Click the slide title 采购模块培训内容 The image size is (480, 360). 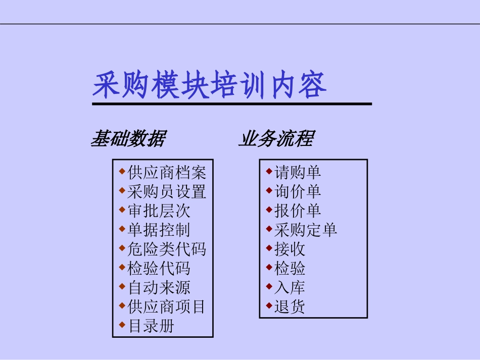(210, 85)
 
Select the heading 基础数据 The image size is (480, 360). (128, 138)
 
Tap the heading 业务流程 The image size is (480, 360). (276, 138)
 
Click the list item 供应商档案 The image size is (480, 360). (167, 173)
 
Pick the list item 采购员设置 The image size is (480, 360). (167, 192)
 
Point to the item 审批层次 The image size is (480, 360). (159, 211)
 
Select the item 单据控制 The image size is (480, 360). (159, 230)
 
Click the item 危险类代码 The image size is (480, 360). (167, 249)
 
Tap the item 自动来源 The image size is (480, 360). (159, 288)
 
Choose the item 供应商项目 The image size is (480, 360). (167, 306)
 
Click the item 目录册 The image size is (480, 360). (151, 326)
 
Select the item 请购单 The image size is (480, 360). (298, 173)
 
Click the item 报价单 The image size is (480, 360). (298, 211)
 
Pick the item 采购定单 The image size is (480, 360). (305, 230)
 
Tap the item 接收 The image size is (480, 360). (290, 249)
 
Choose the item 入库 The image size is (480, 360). (290, 288)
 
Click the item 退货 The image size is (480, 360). (290, 306)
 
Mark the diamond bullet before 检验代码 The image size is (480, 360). (122, 267)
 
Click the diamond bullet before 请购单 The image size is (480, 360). (269, 171)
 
